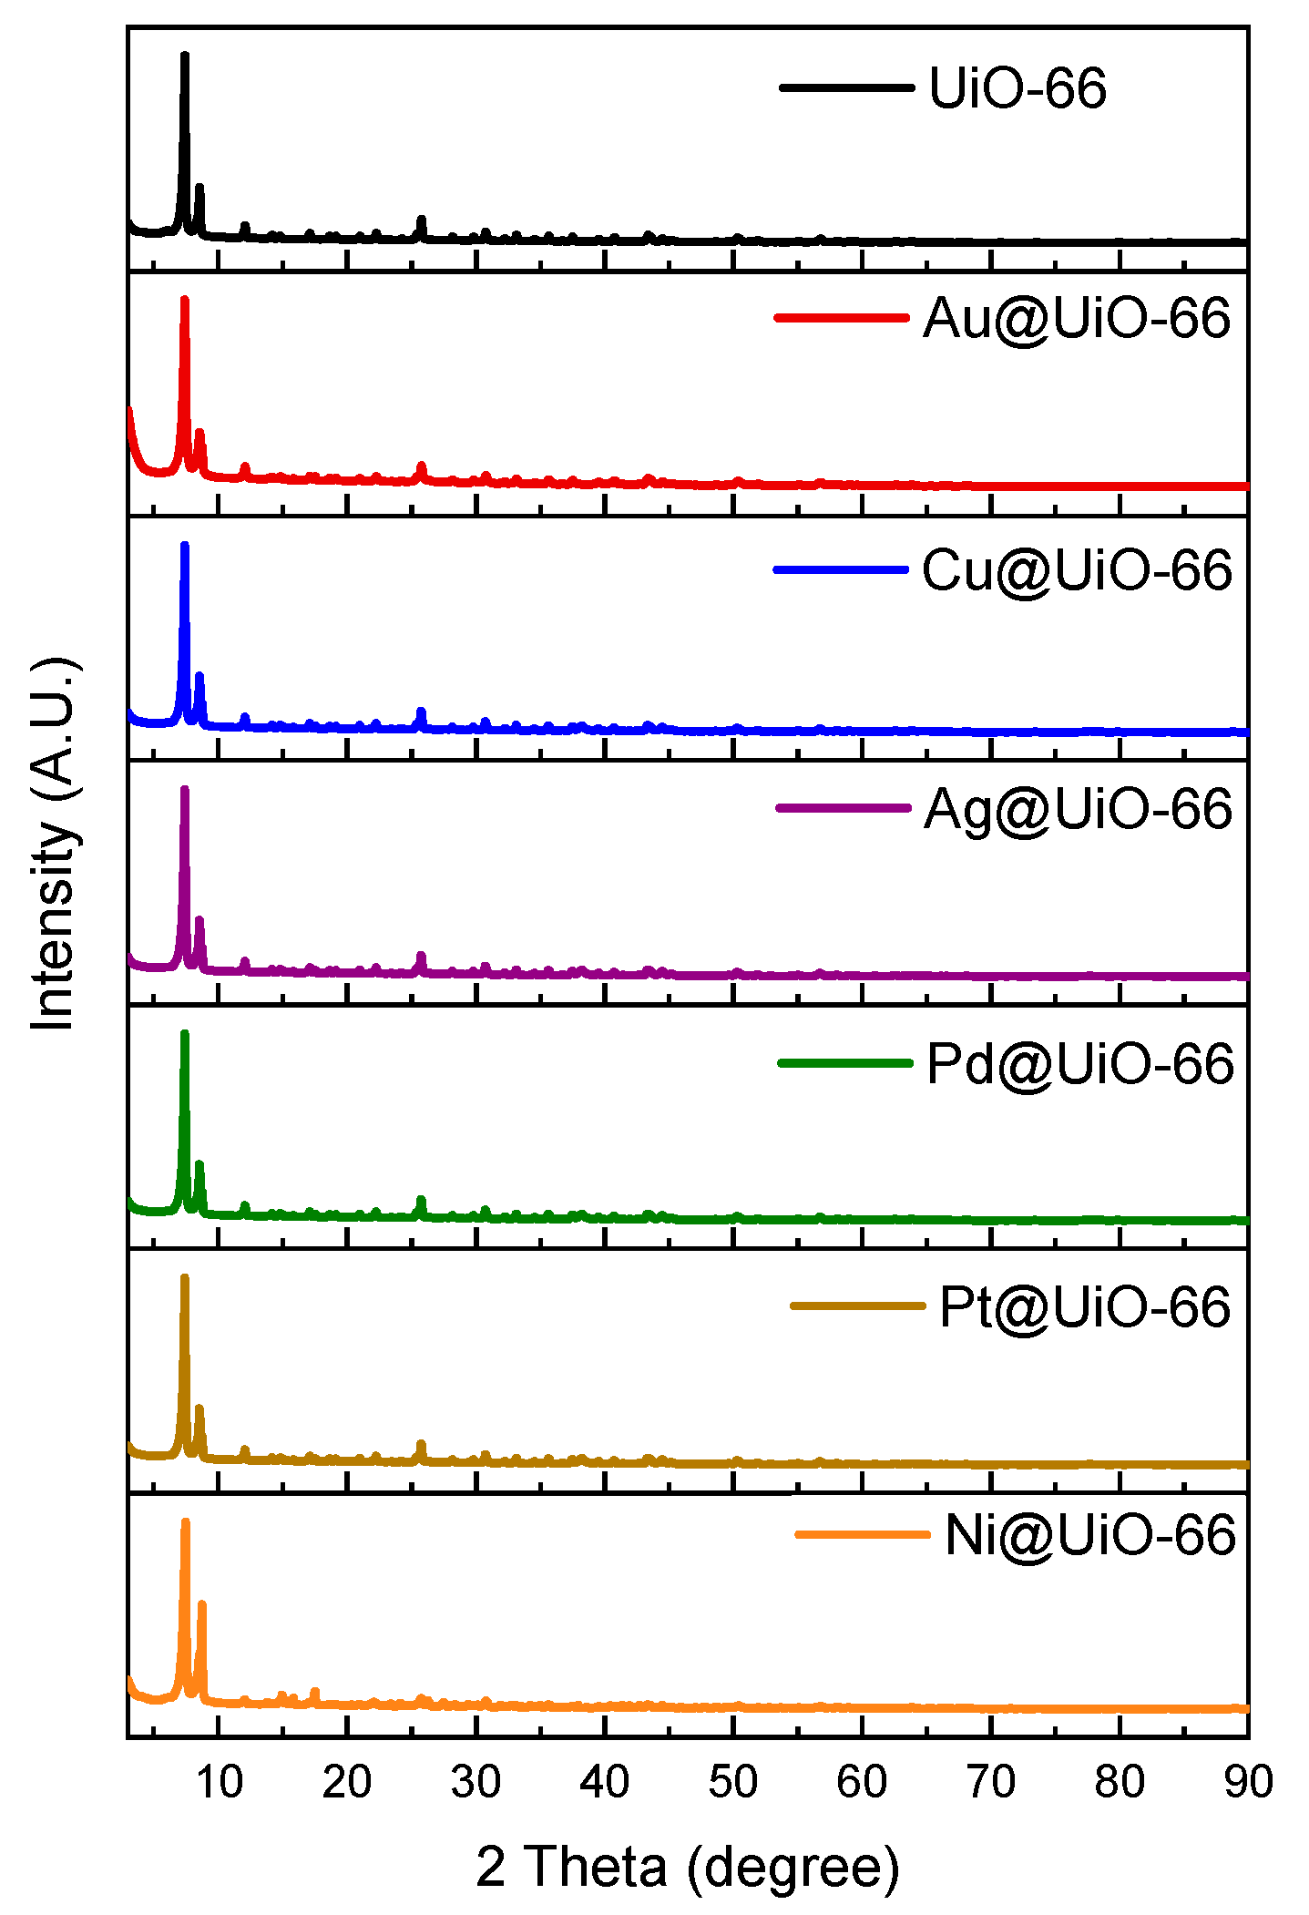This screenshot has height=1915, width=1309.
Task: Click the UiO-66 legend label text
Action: pyautogui.click(x=1017, y=88)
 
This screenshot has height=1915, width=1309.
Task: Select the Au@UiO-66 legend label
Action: pyautogui.click(x=1076, y=318)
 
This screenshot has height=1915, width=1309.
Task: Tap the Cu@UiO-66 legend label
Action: pyautogui.click(x=1076, y=570)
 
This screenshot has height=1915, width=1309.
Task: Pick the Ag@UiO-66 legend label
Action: pyautogui.click(x=1077, y=809)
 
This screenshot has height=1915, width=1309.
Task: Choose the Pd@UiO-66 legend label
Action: pyautogui.click(x=1079, y=1063)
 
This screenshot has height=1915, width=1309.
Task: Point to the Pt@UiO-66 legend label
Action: pyautogui.click(x=1084, y=1307)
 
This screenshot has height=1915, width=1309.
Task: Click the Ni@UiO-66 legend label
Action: pyautogui.click(x=1089, y=1535)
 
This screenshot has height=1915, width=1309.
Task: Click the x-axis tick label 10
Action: pyautogui.click(x=219, y=1781)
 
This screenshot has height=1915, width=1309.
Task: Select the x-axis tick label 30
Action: pyautogui.click(x=476, y=1781)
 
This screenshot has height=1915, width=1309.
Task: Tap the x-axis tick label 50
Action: pyautogui.click(x=733, y=1781)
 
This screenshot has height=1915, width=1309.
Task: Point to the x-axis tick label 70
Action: pyautogui.click(x=990, y=1781)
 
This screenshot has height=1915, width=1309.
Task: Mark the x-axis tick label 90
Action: pyautogui.click(x=1247, y=1781)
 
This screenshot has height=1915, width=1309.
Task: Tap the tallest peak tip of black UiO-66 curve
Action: pyautogui.click(x=185, y=56)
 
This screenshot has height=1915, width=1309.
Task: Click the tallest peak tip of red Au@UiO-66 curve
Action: pyautogui.click(x=185, y=300)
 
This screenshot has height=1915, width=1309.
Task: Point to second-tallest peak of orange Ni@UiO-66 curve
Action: pyautogui.click(x=202, y=1603)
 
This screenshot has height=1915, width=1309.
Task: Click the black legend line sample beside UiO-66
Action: pyautogui.click(x=846, y=87)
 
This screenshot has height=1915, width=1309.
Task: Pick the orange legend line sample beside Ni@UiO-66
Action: pyautogui.click(x=862, y=1535)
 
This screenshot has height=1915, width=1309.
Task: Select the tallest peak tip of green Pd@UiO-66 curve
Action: pyautogui.click(x=185, y=1033)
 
